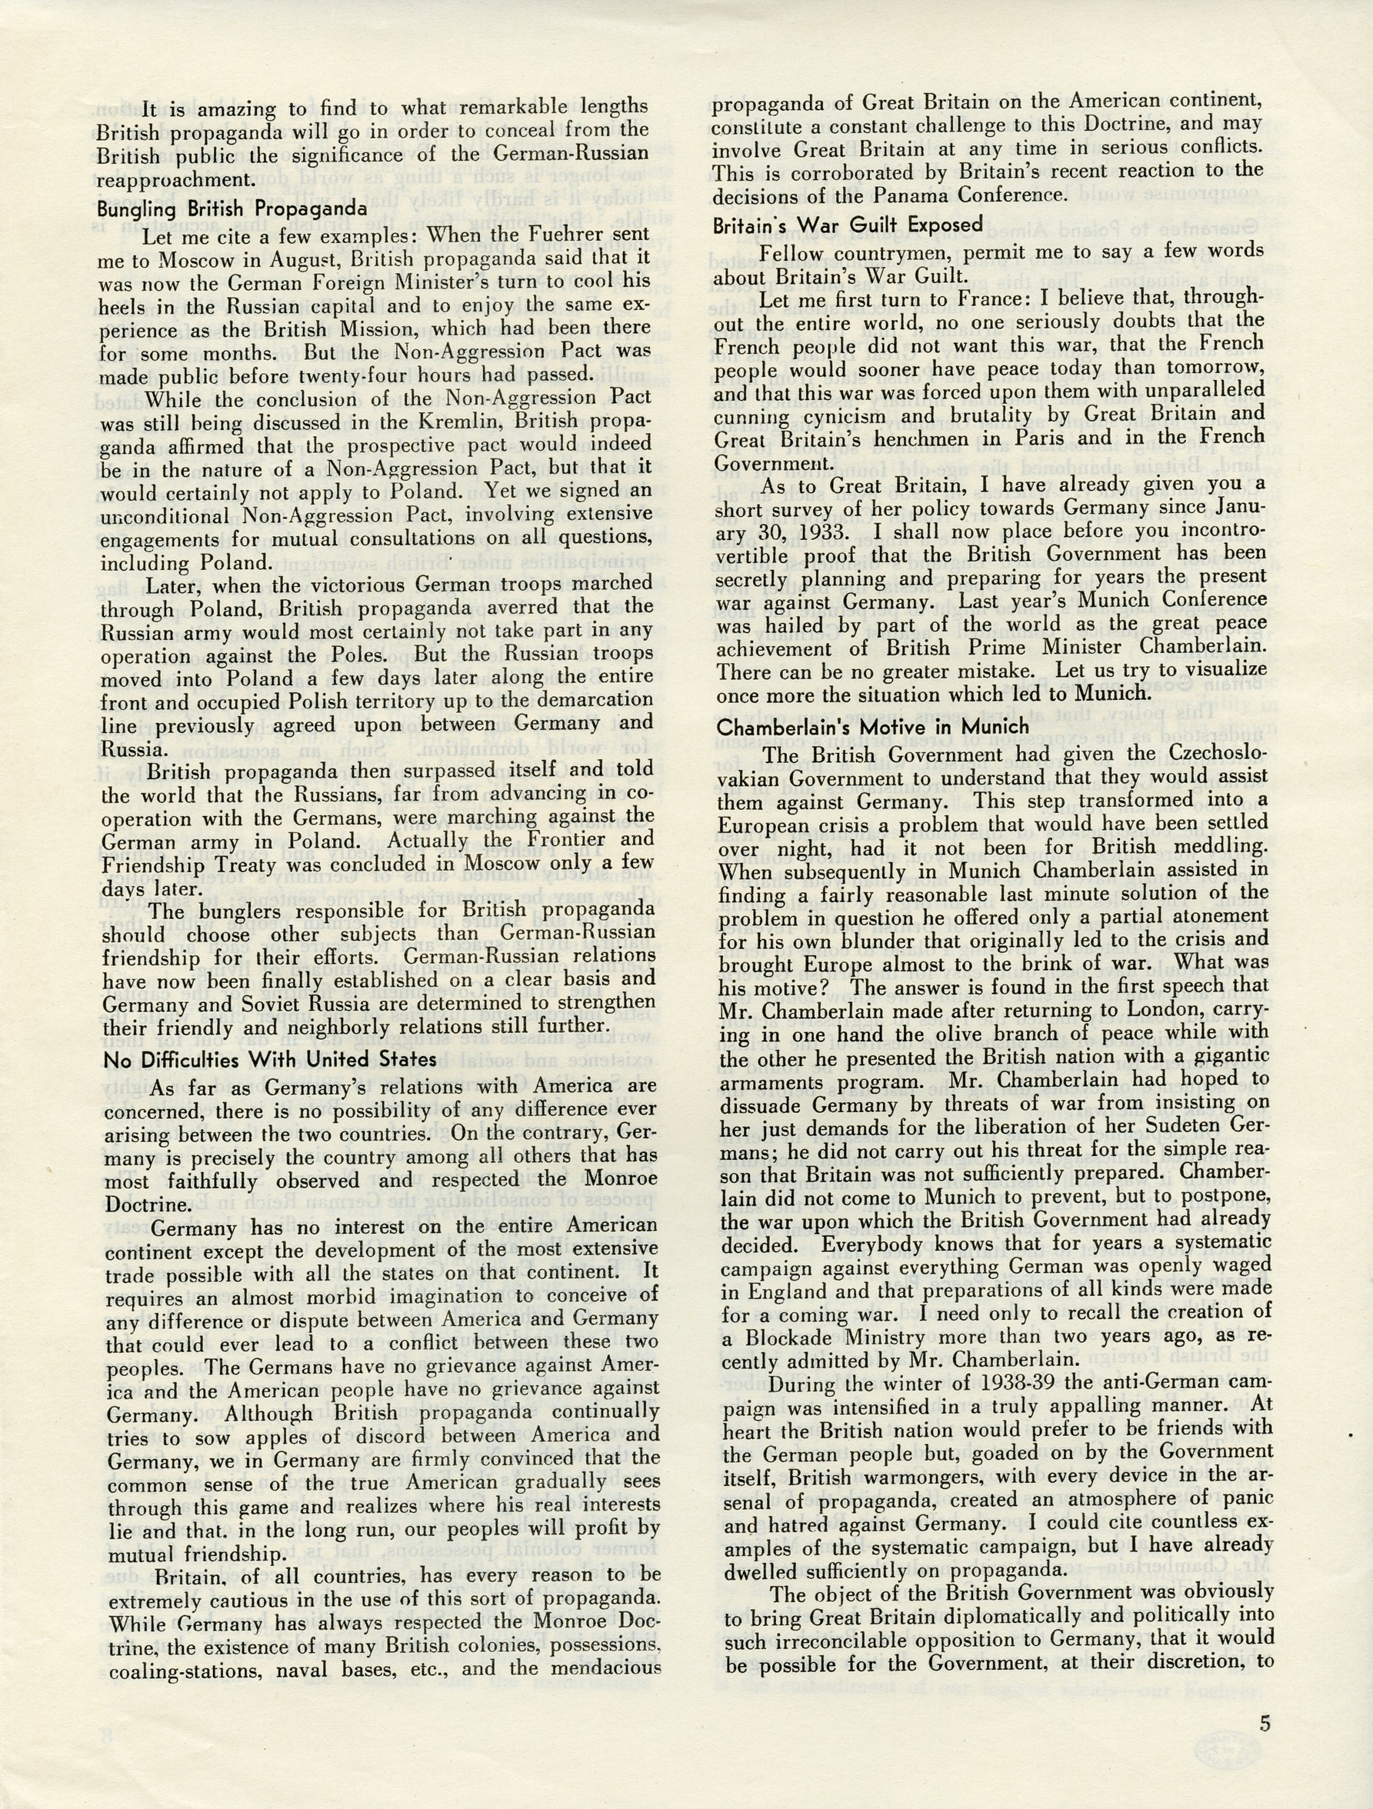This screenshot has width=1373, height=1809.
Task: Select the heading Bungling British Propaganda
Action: (232, 208)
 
